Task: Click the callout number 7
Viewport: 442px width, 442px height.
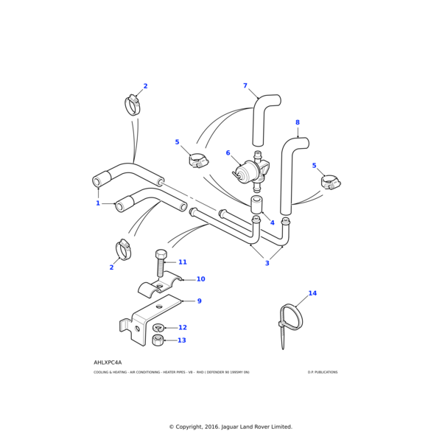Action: tap(245, 86)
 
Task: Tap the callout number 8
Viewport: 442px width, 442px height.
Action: tap(298, 122)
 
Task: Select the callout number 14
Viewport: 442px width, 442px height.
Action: tap(312, 293)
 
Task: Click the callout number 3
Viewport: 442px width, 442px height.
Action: tap(267, 263)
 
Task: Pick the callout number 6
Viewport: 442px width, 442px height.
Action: tap(228, 153)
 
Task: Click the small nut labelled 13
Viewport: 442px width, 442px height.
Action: tap(158, 340)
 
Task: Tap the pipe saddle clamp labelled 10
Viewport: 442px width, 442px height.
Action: tap(162, 284)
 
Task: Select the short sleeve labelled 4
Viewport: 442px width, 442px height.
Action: tap(257, 203)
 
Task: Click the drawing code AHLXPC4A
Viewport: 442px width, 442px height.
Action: tap(108, 362)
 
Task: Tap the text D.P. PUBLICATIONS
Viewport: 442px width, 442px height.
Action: tap(323, 372)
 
